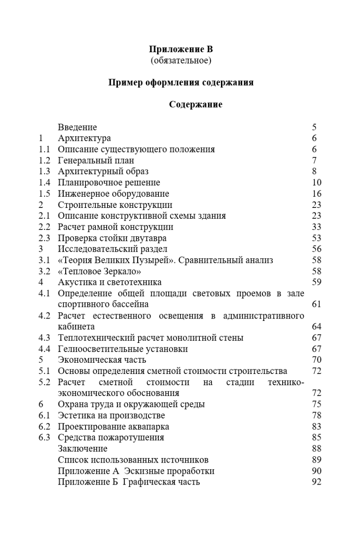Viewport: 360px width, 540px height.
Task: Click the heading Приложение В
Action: click(180, 50)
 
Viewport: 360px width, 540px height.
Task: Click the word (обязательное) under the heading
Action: click(180, 60)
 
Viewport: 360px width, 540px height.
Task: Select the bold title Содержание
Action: click(196, 105)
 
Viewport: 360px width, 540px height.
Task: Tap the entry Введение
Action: click(77, 127)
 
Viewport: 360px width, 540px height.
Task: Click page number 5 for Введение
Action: click(314, 127)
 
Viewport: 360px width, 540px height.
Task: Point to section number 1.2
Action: click(44, 160)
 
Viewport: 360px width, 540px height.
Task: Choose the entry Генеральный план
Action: click(96, 160)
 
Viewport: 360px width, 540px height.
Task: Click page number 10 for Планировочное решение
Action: click(316, 182)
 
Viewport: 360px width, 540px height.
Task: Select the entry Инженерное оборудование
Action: click(113, 193)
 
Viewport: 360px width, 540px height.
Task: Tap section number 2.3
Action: click(44, 238)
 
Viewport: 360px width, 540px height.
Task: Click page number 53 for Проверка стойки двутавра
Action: click(316, 238)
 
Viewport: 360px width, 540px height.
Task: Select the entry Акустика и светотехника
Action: click(110, 282)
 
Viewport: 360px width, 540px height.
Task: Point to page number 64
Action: click(316, 326)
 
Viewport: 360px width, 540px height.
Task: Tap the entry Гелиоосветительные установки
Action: click(123, 349)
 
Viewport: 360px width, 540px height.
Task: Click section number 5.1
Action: click(44, 371)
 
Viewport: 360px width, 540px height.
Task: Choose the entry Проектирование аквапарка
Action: click(113, 426)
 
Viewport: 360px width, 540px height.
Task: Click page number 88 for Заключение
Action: click(316, 448)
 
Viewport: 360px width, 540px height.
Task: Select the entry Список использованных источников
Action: click(133, 459)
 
